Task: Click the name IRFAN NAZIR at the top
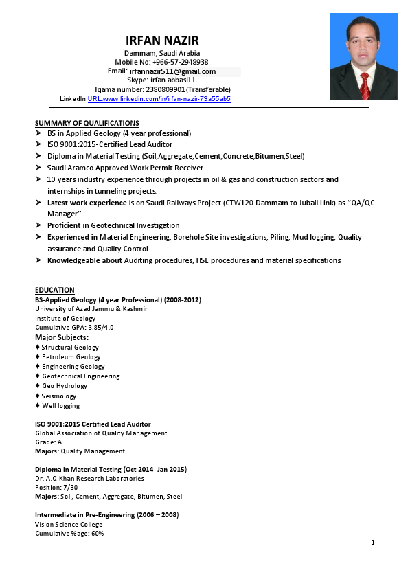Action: [x=162, y=41]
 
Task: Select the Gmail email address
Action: [x=172, y=71]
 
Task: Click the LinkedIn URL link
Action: [x=159, y=99]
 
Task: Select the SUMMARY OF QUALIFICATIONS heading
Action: [x=87, y=123]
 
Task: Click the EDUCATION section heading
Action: [x=55, y=290]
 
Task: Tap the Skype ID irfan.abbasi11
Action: [x=173, y=80]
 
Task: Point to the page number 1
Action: [x=373, y=543]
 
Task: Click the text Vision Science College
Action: [x=69, y=524]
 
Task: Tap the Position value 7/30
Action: [x=67, y=487]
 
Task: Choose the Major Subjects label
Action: [x=62, y=337]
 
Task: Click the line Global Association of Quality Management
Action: [x=101, y=433]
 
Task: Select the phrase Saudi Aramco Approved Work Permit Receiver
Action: [x=125, y=168]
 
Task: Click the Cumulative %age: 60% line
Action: [x=69, y=533]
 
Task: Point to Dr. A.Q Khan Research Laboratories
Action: [x=89, y=478]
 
